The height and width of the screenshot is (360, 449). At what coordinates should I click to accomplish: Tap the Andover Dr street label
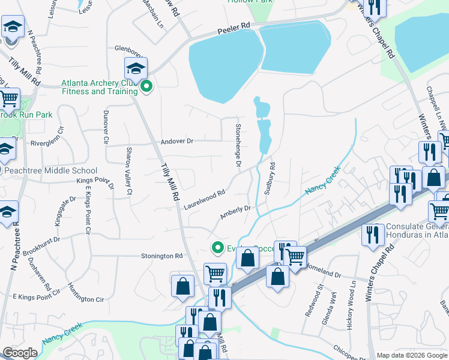[177, 142]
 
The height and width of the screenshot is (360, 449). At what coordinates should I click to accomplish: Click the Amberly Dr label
[235, 212]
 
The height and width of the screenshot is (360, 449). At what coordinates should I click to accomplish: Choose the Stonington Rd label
[161, 256]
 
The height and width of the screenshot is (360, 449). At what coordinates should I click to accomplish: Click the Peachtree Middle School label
[50, 171]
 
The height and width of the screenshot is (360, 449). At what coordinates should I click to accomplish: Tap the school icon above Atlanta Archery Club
[136, 68]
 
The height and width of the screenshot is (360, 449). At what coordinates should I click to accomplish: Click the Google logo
[20, 352]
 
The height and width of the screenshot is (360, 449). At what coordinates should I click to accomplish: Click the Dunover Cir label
[106, 127]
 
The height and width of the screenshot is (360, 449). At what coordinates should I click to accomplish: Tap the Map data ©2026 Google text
[411, 355]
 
